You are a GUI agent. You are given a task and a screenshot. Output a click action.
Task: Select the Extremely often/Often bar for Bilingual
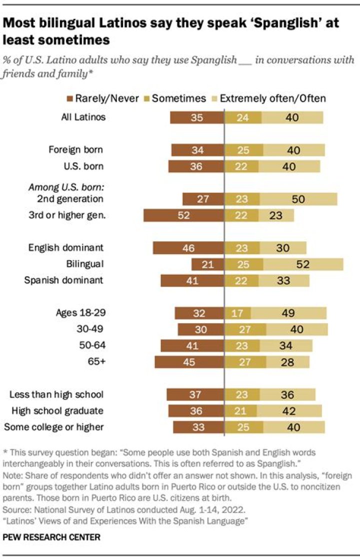point(301,264)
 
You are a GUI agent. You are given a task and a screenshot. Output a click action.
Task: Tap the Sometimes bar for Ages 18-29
point(237,313)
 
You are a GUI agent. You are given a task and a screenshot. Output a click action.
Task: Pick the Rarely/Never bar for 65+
point(189,362)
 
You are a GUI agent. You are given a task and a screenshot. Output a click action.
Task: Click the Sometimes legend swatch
point(147,98)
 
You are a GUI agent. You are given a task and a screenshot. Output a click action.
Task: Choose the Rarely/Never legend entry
point(103,98)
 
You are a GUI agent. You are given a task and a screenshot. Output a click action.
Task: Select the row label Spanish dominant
point(63,280)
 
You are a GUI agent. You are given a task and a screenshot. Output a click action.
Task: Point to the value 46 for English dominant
point(188,248)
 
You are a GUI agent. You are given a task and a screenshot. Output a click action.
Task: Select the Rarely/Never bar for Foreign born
point(197,150)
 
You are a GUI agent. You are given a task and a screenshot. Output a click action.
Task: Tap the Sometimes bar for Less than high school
point(241,395)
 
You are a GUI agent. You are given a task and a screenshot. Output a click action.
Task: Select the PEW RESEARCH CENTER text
point(51,538)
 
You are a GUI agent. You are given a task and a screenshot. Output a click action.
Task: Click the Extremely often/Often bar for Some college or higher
point(294,427)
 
